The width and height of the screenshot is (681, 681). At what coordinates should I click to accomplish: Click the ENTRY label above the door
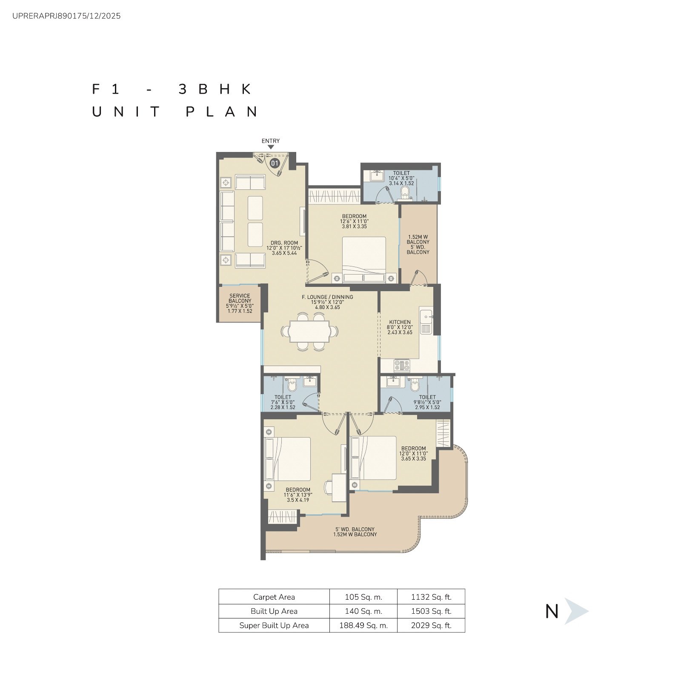click(271, 141)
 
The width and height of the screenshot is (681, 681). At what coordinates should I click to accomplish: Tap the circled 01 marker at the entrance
click(275, 163)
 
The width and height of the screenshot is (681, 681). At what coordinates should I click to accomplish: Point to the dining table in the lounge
click(309, 331)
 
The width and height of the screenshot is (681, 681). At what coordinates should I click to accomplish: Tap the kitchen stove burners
click(401, 365)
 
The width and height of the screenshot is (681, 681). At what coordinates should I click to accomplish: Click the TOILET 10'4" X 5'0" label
click(401, 178)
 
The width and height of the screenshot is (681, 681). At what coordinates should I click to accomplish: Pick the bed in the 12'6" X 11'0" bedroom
click(364, 260)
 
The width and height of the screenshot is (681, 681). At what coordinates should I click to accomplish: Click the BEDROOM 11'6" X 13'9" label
click(298, 495)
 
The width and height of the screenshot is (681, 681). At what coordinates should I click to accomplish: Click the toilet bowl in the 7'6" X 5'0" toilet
click(292, 385)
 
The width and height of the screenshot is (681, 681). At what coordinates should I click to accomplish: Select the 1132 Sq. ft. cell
click(431, 597)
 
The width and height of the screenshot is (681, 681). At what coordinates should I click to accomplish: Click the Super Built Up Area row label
click(274, 625)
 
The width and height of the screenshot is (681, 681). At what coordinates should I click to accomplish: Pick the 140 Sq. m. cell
click(363, 611)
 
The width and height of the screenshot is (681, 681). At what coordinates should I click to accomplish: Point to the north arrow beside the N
click(576, 611)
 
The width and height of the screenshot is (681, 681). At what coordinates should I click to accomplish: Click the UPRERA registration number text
click(66, 16)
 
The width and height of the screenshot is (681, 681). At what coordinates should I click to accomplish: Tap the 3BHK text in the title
click(215, 89)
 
